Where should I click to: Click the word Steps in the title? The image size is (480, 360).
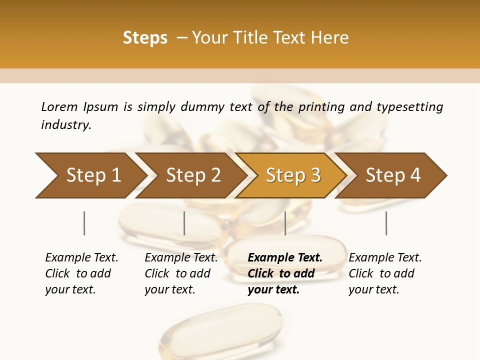click(x=145, y=38)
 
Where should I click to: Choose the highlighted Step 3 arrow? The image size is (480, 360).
click(x=292, y=175)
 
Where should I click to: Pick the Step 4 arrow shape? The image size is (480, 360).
click(x=393, y=175)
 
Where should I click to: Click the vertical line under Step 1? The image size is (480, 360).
click(x=84, y=223)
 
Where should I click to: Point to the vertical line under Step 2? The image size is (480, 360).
click(x=184, y=223)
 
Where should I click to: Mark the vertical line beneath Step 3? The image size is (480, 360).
click(x=285, y=223)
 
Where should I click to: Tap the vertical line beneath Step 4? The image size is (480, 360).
click(x=386, y=223)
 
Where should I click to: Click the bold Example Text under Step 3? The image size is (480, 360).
click(x=285, y=273)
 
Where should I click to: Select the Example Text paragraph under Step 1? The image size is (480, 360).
click(x=81, y=273)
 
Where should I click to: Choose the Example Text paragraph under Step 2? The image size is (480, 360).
click(x=181, y=273)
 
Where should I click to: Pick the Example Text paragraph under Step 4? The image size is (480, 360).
click(x=385, y=273)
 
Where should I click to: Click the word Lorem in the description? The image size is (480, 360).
click(x=59, y=107)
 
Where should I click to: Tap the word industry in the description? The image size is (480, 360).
click(x=65, y=125)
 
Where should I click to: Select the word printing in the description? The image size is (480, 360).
click(x=320, y=107)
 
